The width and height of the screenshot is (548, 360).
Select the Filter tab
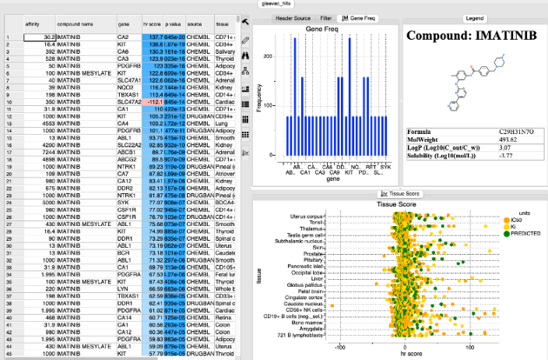[x=326, y=17]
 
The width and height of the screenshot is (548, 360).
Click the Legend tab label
[x=475, y=17]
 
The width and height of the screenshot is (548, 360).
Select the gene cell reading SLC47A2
[x=129, y=101]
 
